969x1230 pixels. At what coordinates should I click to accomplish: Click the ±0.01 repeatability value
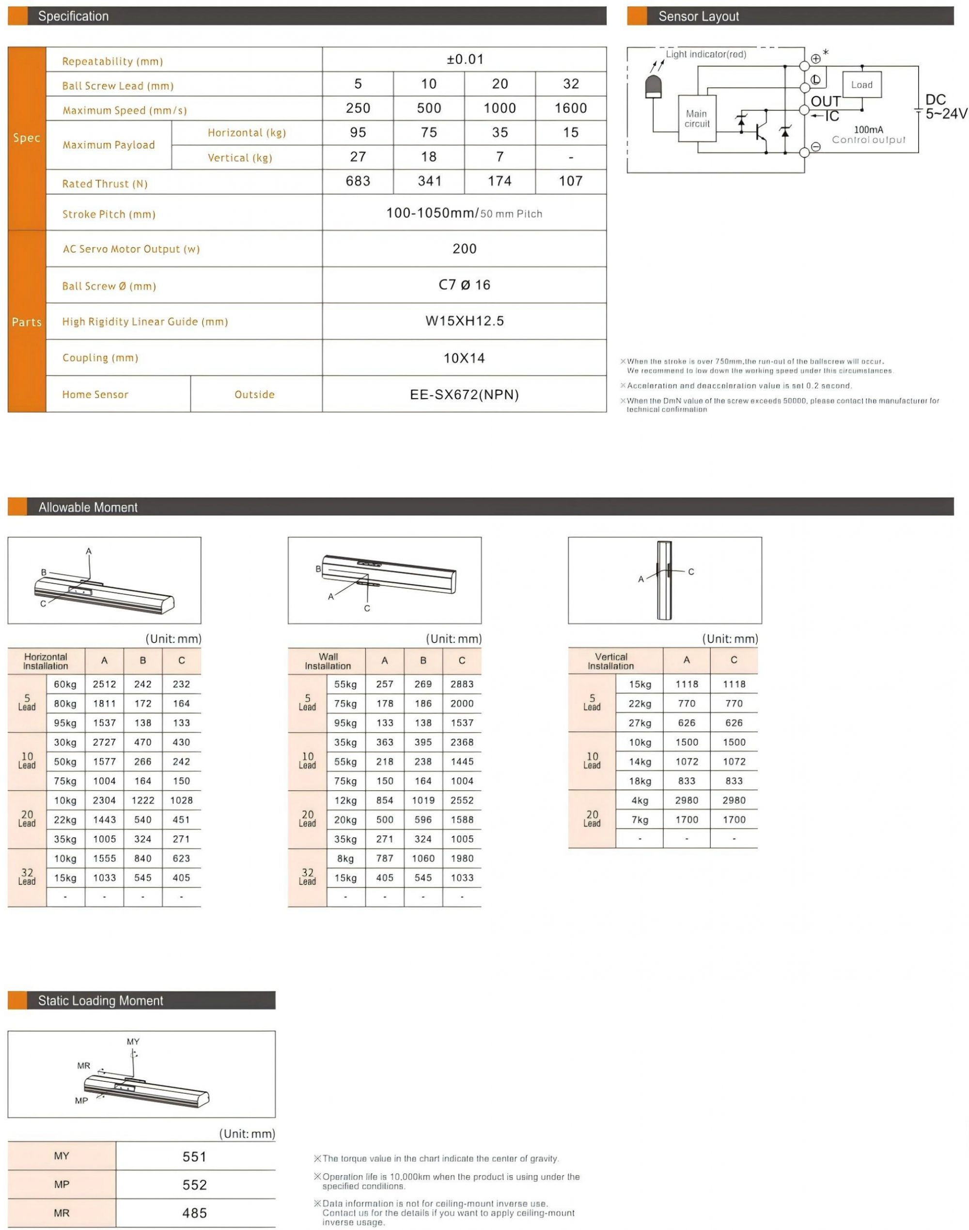click(465, 59)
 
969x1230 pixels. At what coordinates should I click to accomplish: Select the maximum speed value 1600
click(570, 108)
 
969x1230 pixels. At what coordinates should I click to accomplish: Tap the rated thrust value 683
click(358, 182)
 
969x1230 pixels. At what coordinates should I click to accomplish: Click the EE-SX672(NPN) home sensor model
click(464, 395)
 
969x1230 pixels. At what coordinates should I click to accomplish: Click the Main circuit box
click(697, 119)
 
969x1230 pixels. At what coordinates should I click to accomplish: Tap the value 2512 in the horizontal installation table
click(104, 684)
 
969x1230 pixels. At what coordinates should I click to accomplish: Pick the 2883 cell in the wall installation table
click(462, 684)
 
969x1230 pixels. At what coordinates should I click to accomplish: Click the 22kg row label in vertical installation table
click(640, 704)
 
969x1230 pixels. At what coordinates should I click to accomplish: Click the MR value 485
click(195, 1214)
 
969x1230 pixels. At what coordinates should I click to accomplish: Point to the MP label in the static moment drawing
click(82, 1101)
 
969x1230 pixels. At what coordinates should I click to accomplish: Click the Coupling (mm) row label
click(100, 358)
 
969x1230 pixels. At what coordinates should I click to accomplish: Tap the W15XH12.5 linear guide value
click(464, 322)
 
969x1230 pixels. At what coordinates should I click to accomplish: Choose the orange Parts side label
click(27, 322)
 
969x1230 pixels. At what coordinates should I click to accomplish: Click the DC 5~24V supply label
click(945, 107)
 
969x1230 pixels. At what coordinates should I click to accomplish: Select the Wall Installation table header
click(328, 661)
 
